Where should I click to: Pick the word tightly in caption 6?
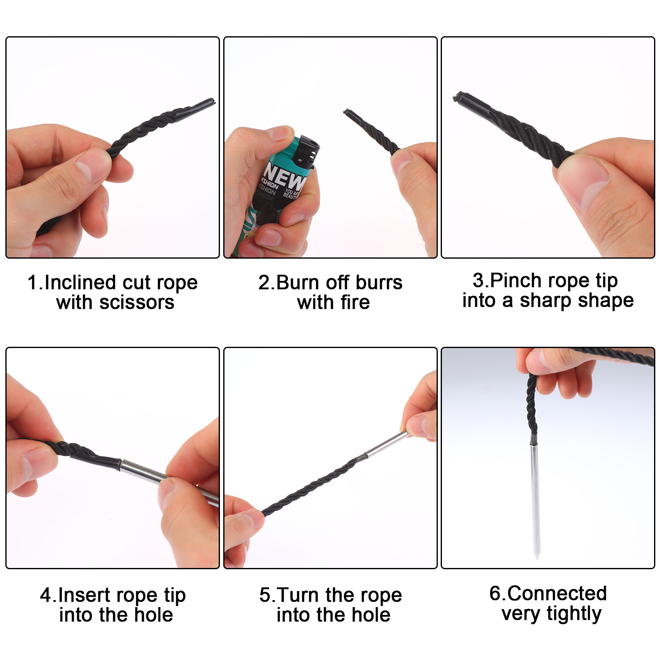coord(574,614)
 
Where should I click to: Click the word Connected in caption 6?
coord(557,594)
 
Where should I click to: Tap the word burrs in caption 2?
coord(379,283)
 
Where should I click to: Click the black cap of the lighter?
coord(307,150)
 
